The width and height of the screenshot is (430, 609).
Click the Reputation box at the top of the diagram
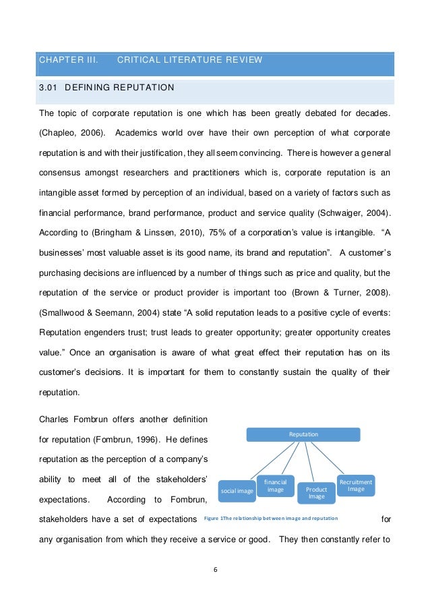(x=303, y=435)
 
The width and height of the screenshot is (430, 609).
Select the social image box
(x=237, y=491)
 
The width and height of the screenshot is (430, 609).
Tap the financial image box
(x=275, y=486)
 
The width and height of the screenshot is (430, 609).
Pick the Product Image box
(x=316, y=493)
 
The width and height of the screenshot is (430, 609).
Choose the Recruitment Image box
(x=355, y=485)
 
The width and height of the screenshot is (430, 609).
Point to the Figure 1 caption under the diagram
(x=270, y=518)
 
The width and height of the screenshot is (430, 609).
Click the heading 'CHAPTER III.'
(x=68, y=60)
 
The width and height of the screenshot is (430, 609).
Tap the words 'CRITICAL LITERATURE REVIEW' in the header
(x=189, y=60)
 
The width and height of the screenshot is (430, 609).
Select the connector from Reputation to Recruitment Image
(x=329, y=458)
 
